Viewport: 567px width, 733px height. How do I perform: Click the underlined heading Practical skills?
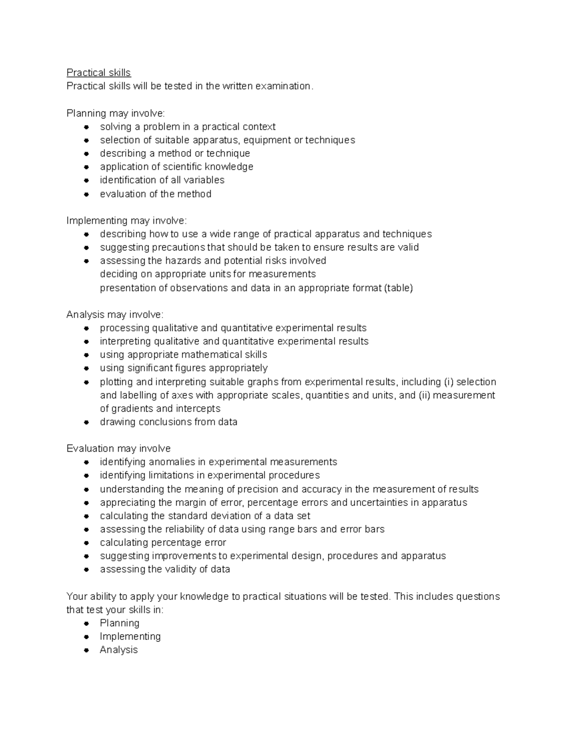pos(98,73)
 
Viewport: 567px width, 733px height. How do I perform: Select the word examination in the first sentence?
pos(283,86)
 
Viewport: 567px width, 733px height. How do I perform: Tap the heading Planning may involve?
pos(116,113)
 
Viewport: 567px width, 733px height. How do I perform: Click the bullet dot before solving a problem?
pos(86,127)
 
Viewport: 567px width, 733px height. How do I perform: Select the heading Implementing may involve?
pos(127,221)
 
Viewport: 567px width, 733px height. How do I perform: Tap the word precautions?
pos(178,247)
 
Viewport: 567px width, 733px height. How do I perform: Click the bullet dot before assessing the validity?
pos(86,570)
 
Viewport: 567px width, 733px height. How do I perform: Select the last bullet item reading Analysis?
pos(119,650)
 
